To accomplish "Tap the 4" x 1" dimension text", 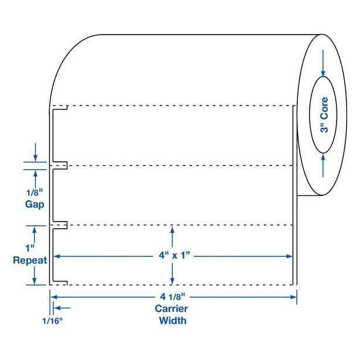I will coord(171,256).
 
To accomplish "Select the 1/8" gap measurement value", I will coord(36,192).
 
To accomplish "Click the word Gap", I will coord(36,204).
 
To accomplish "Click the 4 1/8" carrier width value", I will coord(172,297).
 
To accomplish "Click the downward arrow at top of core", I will coord(323,70).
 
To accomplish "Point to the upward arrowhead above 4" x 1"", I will coord(171,230).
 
